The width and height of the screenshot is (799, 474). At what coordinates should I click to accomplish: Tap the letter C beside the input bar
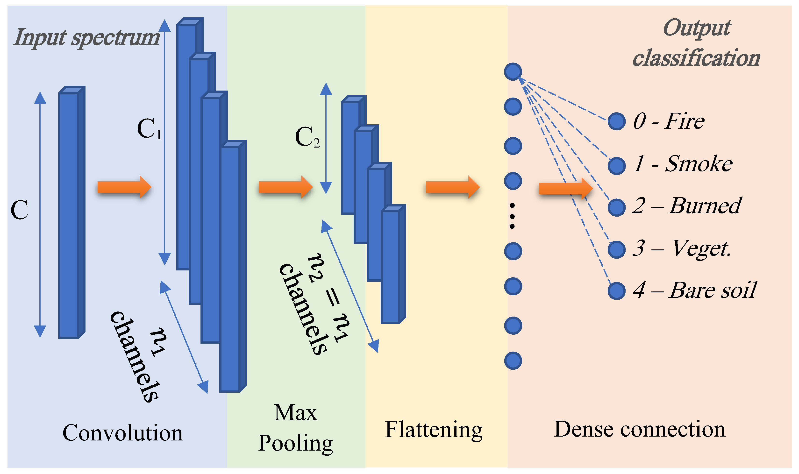pos(19,210)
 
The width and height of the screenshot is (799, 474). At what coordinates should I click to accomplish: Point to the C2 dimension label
pos(307,137)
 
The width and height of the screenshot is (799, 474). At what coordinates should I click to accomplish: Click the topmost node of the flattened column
pos(513,71)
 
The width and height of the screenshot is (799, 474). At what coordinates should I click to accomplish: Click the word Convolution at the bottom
pos(123,433)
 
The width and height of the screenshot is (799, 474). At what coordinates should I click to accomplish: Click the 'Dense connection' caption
pos(640,429)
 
